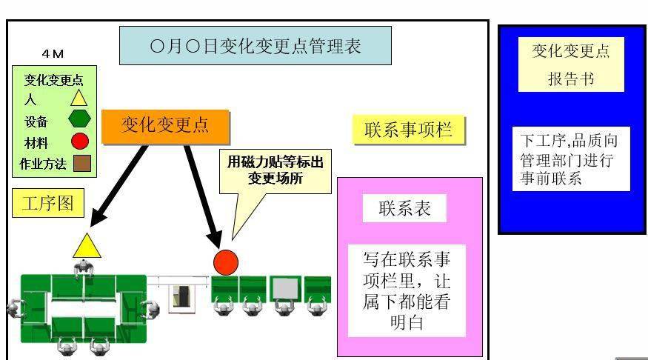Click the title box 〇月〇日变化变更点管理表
[x=255, y=45]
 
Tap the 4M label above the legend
[x=53, y=54]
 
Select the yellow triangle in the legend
[x=79, y=99]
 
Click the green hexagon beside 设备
[x=79, y=119]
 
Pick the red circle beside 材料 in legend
[x=80, y=141]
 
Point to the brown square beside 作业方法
[x=82, y=163]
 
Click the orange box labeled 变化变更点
[x=165, y=127]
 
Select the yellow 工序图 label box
[x=48, y=203]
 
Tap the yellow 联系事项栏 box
[x=409, y=130]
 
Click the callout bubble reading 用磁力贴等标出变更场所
[x=275, y=170]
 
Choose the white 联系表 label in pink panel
[x=404, y=208]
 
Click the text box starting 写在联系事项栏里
[x=407, y=290]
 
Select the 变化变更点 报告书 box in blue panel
[x=571, y=64]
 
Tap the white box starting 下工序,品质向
[x=571, y=159]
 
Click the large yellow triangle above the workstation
[x=87, y=247]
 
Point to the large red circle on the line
[x=226, y=262]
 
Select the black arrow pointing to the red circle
[x=203, y=197]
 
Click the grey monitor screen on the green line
[x=286, y=287]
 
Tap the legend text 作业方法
[x=43, y=164]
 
